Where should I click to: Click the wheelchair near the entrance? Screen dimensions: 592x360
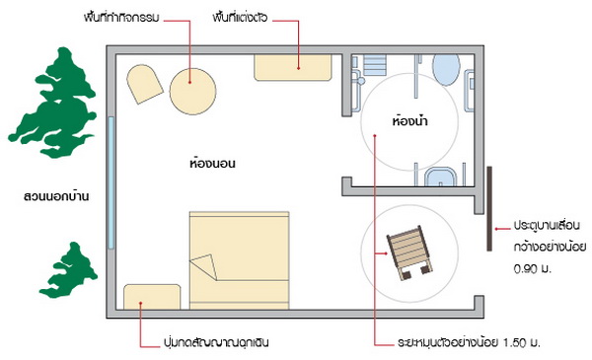pyautogui.click(x=409, y=252)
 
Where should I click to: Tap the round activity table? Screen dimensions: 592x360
pyautogui.click(x=193, y=91)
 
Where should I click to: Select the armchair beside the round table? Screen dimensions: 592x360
pyautogui.click(x=144, y=84)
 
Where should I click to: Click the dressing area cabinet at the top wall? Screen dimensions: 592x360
pyautogui.click(x=293, y=67)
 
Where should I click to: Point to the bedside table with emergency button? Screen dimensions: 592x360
pyautogui.click(x=152, y=297)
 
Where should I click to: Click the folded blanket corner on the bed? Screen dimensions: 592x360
pyautogui.click(x=204, y=266)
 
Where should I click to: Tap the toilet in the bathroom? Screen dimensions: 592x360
pyautogui.click(x=446, y=69)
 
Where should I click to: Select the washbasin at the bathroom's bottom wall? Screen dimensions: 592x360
pyautogui.click(x=441, y=177)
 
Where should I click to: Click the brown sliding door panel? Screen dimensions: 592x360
pyautogui.click(x=489, y=209)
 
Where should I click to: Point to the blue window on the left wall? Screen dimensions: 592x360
pyautogui.click(x=111, y=182)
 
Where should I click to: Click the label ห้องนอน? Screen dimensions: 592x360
pyautogui.click(x=212, y=163)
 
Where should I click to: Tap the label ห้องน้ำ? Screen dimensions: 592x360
pyautogui.click(x=410, y=121)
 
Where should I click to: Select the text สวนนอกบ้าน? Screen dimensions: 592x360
pyautogui.click(x=56, y=196)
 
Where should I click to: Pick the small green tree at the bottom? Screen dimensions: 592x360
pyautogui.click(x=68, y=271)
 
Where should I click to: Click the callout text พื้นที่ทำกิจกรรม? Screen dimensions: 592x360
pyautogui.click(x=121, y=18)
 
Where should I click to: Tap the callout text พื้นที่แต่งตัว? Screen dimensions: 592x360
pyautogui.click(x=240, y=18)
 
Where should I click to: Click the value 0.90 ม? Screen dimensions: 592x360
pyautogui.click(x=533, y=269)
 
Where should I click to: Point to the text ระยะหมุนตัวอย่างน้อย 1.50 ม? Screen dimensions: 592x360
pyautogui.click(x=469, y=342)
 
